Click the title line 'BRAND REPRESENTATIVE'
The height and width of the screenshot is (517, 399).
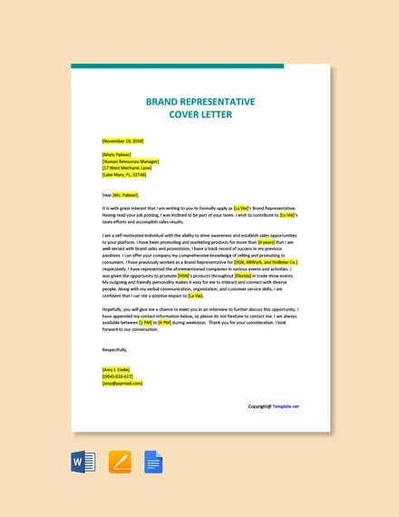199,102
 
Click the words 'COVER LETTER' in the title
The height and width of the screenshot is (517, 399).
199,115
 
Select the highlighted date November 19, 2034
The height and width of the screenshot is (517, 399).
122,141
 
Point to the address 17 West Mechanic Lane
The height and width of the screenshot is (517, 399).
127,168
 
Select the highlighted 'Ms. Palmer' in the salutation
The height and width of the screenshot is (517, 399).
126,194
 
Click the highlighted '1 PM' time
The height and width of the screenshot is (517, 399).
145,322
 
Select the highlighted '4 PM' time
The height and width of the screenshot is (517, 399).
165,322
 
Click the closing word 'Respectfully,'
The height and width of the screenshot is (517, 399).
115,349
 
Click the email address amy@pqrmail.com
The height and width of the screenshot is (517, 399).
122,383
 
